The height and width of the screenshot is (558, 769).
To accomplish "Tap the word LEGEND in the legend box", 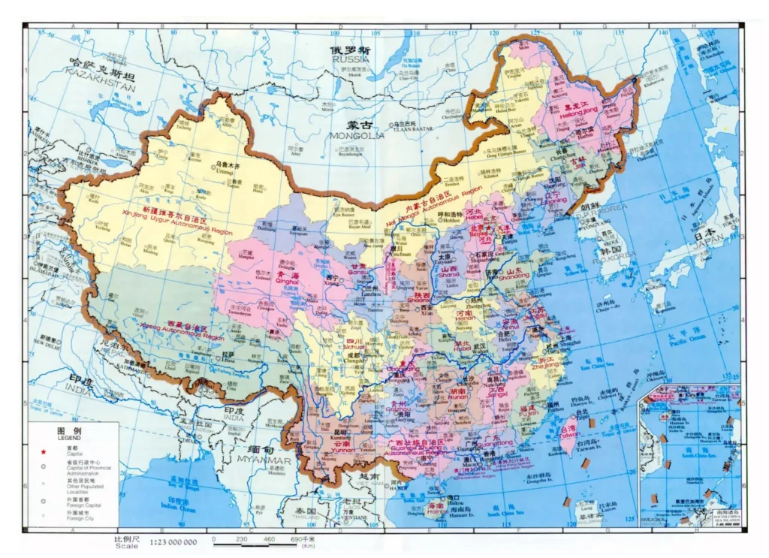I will click(x=68, y=438).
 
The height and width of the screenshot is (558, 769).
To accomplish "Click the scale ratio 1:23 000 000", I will click(x=173, y=542).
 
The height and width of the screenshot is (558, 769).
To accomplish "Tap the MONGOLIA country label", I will click(x=356, y=136).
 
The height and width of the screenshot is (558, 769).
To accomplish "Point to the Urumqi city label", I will click(x=216, y=171).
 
